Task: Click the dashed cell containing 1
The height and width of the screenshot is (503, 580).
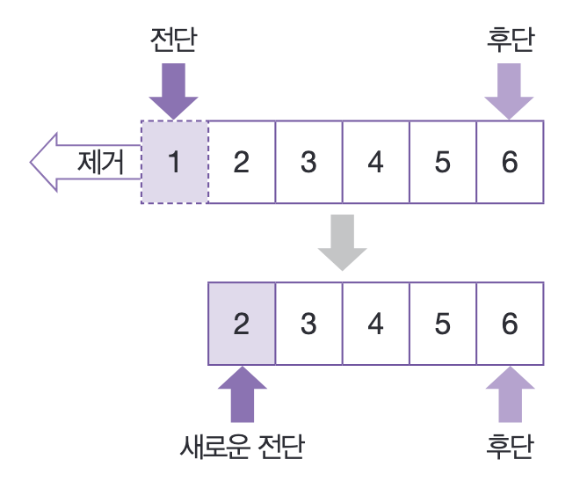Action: (175, 162)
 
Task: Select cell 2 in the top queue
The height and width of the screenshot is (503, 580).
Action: (242, 162)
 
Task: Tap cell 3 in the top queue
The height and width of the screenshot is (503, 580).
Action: (308, 162)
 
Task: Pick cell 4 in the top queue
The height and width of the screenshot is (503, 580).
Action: (375, 162)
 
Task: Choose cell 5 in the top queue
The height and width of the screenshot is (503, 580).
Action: (442, 162)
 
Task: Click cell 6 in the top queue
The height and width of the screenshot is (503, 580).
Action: (510, 162)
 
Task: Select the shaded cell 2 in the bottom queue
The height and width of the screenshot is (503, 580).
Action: (242, 324)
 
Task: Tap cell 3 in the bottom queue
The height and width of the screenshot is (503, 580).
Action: (308, 324)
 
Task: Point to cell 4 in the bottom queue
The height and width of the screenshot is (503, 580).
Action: (375, 324)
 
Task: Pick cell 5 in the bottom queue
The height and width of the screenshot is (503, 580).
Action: (442, 324)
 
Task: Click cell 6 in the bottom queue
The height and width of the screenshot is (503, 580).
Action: (510, 324)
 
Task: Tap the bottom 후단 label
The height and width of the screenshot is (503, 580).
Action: (510, 447)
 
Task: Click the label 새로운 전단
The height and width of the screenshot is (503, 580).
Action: (241, 447)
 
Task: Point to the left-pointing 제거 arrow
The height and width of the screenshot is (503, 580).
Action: (84, 162)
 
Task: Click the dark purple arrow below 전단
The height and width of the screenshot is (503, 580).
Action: (174, 90)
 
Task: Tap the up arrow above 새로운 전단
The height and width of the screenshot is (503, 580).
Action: (242, 395)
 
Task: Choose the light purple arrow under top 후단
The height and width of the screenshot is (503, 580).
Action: (510, 90)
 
